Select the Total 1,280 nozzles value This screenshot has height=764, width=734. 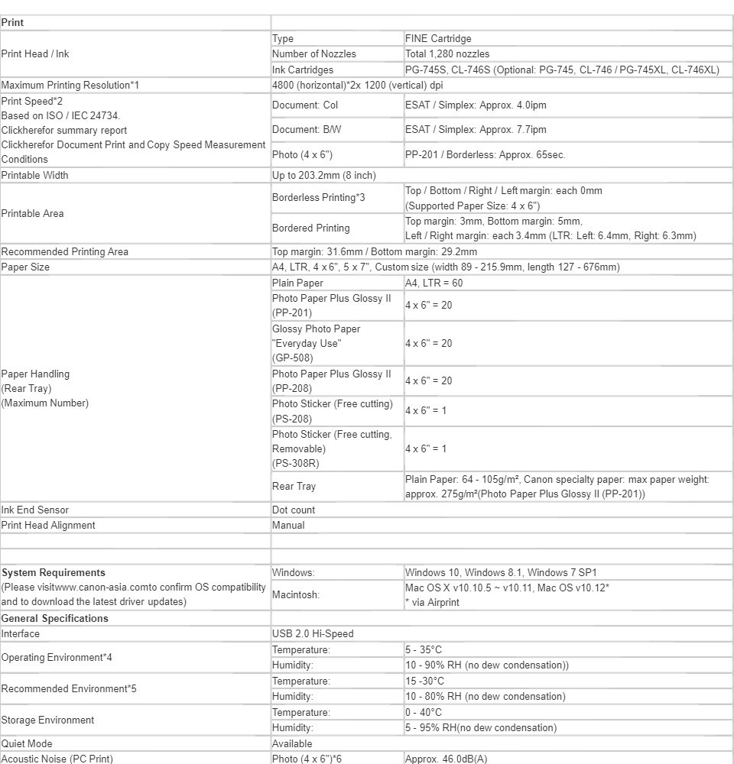click(x=447, y=54)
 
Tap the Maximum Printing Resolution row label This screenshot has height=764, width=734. click(x=70, y=85)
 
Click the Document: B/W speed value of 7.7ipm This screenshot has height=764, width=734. click(x=476, y=130)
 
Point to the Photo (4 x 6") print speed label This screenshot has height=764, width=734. click(x=302, y=155)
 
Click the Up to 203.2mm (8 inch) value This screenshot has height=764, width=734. click(x=324, y=176)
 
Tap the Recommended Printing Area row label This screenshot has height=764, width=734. click(x=65, y=252)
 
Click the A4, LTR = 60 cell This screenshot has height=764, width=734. click(x=434, y=283)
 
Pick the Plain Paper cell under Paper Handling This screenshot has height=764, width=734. click(x=298, y=283)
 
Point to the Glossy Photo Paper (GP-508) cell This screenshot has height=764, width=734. click(x=316, y=343)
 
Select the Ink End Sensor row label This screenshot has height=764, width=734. click(x=35, y=510)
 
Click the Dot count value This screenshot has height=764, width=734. click(x=294, y=510)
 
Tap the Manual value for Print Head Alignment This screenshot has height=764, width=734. click(x=288, y=526)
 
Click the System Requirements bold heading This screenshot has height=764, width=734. click(x=54, y=573)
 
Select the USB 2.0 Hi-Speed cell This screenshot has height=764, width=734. click(x=313, y=634)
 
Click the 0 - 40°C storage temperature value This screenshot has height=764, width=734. click(x=424, y=713)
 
